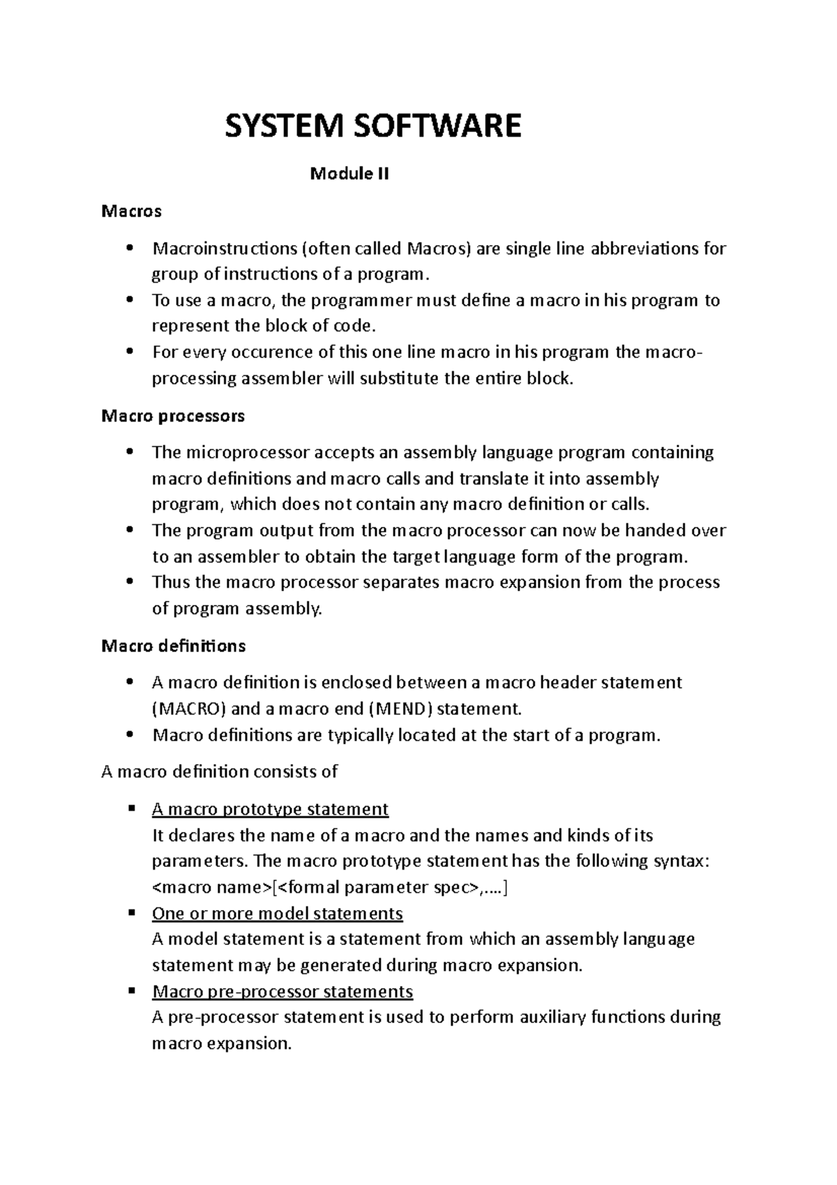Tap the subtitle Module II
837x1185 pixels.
coord(349,174)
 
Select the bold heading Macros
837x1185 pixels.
coord(131,211)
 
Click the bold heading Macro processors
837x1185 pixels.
coord(173,416)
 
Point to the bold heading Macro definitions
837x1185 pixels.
coord(173,646)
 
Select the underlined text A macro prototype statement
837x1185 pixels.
coord(270,810)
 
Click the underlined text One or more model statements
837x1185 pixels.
coord(277,914)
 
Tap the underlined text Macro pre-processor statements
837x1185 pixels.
coord(282,992)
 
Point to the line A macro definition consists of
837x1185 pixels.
coord(219,772)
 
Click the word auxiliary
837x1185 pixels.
coord(552,1018)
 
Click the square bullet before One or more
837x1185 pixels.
coord(130,913)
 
